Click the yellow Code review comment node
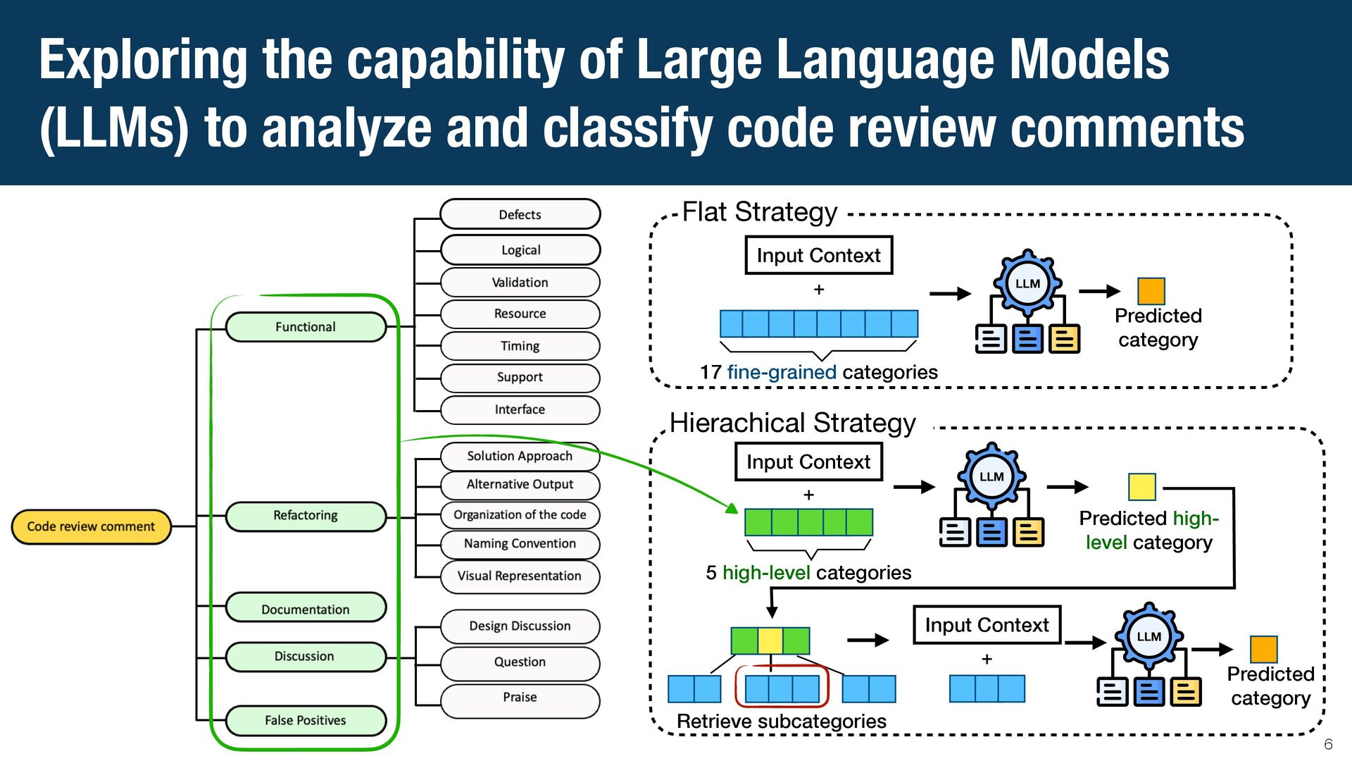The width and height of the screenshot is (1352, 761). pyautogui.click(x=92, y=526)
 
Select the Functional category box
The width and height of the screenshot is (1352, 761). pyautogui.click(x=306, y=327)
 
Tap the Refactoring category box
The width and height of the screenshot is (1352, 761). pyautogui.click(x=306, y=515)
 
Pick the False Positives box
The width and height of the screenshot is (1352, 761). pyautogui.click(x=306, y=720)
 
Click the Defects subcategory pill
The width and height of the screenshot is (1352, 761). pyautogui.click(x=520, y=214)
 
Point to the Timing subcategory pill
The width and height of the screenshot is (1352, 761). pyautogui.click(x=520, y=346)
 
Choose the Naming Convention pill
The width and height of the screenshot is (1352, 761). pyautogui.click(x=520, y=543)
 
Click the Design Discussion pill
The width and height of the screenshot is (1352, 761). pyautogui.click(x=520, y=626)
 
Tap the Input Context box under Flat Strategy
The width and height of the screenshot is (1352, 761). pyautogui.click(x=819, y=255)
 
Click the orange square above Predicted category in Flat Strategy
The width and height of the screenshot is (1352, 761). pyautogui.click(x=1151, y=291)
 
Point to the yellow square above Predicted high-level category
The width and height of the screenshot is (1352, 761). pyautogui.click(x=1141, y=487)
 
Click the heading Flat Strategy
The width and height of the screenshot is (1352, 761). pyautogui.click(x=760, y=211)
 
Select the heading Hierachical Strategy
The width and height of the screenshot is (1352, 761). pyautogui.click(x=793, y=423)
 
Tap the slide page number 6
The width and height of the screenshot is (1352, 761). pyautogui.click(x=1329, y=744)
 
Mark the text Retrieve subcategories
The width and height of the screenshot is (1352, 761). pyautogui.click(x=782, y=722)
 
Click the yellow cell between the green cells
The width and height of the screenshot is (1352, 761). pyautogui.click(x=770, y=641)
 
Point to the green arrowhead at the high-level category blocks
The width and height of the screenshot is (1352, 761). pyautogui.click(x=733, y=508)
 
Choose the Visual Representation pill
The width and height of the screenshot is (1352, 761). pyautogui.click(x=520, y=576)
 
